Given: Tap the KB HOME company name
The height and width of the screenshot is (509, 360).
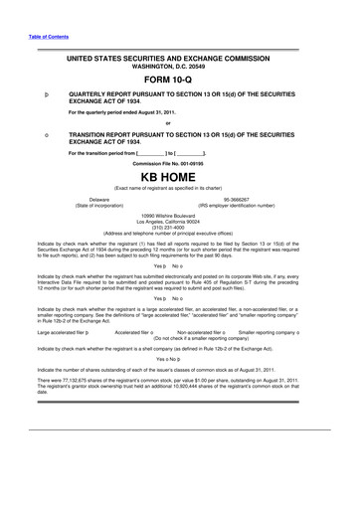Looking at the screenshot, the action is [x=179, y=177].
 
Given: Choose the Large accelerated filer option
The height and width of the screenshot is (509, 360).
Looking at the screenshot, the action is [x=66, y=334].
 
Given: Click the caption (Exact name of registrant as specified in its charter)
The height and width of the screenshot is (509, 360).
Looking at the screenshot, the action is [x=179, y=188].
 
